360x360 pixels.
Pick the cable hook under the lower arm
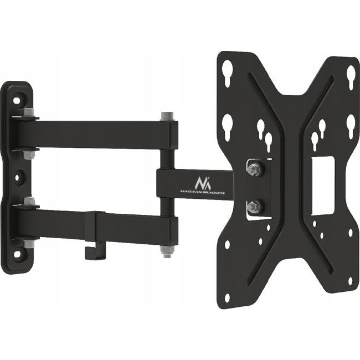point(89,250)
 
